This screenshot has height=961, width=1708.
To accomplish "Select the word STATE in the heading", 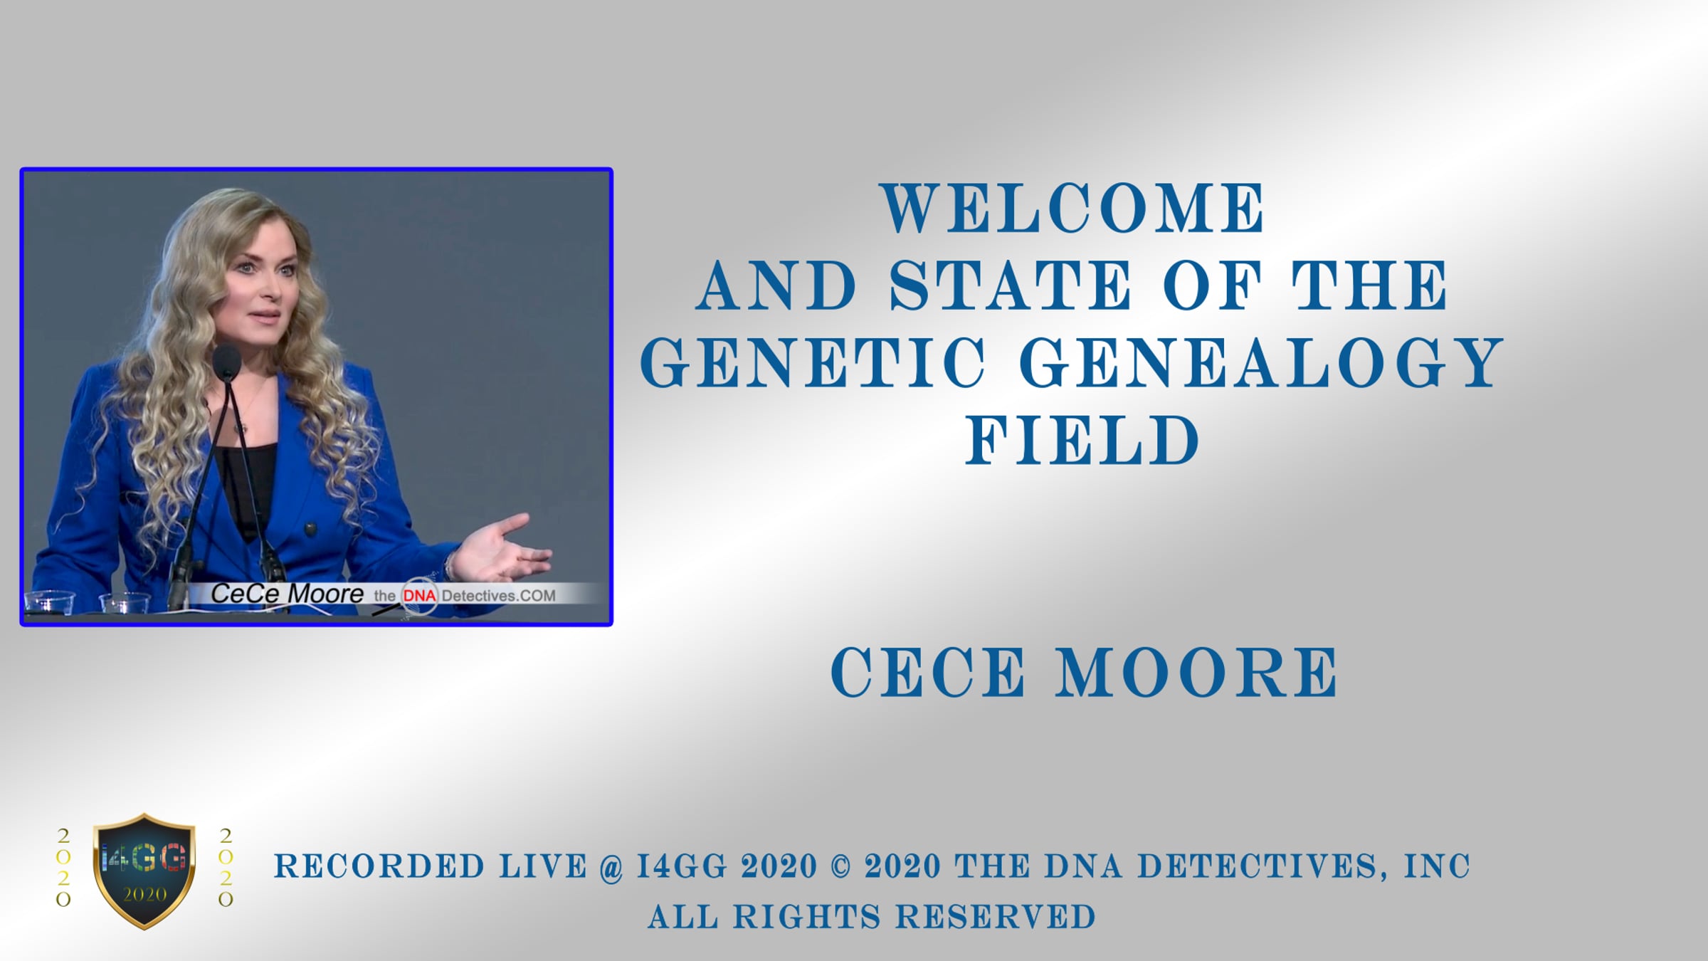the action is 1011,285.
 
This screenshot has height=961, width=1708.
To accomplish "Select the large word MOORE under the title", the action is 1196,672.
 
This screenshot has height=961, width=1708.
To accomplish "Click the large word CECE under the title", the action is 928,672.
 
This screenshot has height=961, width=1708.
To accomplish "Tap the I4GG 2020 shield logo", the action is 144,871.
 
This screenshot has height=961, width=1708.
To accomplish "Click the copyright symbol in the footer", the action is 840,866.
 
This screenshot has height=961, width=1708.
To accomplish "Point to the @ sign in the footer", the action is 611,867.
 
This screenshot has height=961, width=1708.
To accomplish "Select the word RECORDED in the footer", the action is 379,866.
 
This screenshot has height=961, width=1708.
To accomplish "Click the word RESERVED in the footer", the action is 996,917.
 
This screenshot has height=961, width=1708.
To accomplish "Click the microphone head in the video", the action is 227,362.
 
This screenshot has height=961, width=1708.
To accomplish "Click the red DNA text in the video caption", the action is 420,595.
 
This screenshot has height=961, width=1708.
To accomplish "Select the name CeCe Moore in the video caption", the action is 287,594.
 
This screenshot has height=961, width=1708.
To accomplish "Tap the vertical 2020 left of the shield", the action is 63,867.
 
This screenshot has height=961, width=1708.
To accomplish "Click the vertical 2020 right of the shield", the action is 226,867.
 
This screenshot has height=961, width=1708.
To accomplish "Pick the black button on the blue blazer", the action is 310,529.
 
